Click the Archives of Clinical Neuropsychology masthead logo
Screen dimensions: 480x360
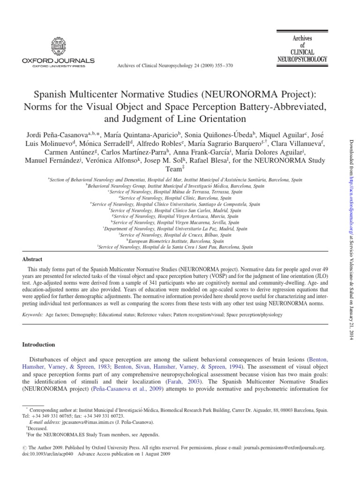pos(302,49)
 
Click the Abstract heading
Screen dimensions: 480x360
pos(32,259)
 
